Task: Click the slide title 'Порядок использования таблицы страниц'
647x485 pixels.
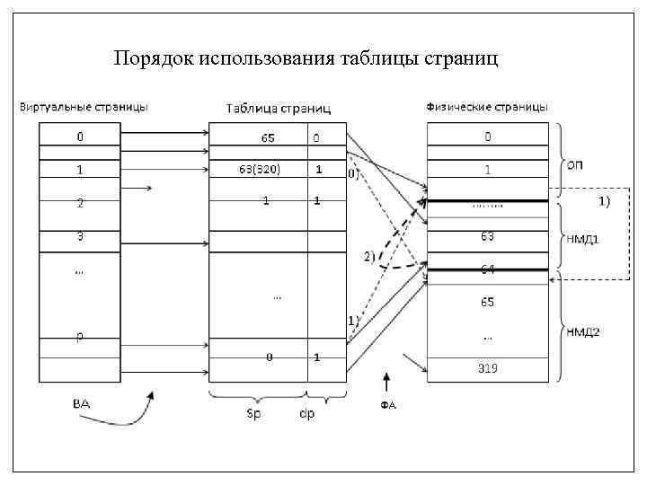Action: pos(306,59)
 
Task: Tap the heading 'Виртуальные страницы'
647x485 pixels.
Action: pos(84,107)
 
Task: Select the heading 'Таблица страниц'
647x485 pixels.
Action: pos(278,109)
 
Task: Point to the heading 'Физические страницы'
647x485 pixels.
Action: pos(486,107)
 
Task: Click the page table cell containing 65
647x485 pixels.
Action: pos(268,138)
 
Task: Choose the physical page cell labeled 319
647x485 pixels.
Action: pos(487,368)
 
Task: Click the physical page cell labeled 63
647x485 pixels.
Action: pos(487,236)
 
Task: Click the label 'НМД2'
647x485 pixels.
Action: pos(582,332)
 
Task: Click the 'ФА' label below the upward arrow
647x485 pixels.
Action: pos(387,405)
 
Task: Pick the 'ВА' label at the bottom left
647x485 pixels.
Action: pos(81,403)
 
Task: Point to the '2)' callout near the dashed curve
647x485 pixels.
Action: pos(368,256)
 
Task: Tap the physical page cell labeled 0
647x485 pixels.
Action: pos(487,137)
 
